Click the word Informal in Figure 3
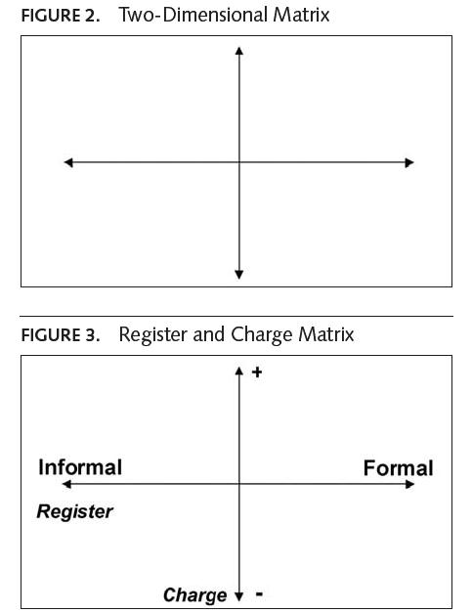[80, 467]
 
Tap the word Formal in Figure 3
[398, 468]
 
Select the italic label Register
[74, 511]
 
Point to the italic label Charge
[195, 595]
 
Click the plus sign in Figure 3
[257, 372]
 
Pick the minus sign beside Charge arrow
[259, 594]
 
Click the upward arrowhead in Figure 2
[239, 51]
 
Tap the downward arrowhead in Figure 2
[239, 274]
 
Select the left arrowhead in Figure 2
[68, 162]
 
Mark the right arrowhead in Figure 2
[409, 162]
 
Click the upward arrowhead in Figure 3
[239, 371]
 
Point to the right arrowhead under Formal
[409, 484]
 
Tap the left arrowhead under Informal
[66, 484]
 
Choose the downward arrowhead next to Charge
[239, 596]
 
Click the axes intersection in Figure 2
[239, 162]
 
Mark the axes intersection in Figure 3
[239, 484]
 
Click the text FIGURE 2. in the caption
[61, 16]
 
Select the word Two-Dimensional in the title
[193, 15]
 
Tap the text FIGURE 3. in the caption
[61, 335]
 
